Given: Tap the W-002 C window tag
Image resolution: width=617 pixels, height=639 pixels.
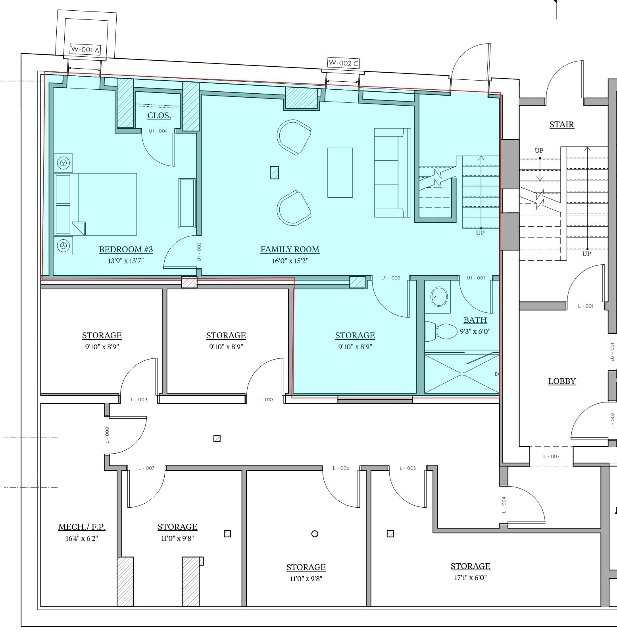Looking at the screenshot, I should (344, 63).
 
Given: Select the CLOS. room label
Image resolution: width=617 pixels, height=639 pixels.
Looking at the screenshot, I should (159, 115).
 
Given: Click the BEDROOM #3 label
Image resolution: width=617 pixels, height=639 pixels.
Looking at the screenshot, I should (126, 249).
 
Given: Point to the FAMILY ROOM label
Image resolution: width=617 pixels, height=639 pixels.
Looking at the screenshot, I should (290, 249).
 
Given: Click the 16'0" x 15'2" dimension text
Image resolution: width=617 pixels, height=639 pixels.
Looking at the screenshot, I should (290, 261).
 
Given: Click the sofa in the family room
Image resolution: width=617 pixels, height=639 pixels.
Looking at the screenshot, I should (392, 173).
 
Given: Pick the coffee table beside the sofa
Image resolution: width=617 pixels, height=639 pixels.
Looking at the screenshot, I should (340, 173).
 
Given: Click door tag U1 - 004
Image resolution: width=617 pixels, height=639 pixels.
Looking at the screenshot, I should (158, 131).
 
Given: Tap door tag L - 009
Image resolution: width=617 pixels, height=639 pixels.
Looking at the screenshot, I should (139, 399).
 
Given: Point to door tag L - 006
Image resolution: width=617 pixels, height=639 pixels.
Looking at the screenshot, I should (341, 468).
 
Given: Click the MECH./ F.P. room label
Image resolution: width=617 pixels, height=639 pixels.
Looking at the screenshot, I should (82, 527).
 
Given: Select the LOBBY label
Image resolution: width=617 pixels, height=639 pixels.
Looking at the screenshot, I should (562, 381).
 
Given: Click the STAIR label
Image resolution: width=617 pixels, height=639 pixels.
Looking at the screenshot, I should (562, 124).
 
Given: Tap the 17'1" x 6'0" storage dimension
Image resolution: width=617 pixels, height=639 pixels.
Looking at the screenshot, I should (470, 577).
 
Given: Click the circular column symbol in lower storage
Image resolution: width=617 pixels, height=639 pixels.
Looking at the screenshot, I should (315, 534).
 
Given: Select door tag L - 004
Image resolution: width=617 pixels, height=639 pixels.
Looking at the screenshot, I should (504, 505).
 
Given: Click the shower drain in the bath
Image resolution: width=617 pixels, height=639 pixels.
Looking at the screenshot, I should (462, 374).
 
